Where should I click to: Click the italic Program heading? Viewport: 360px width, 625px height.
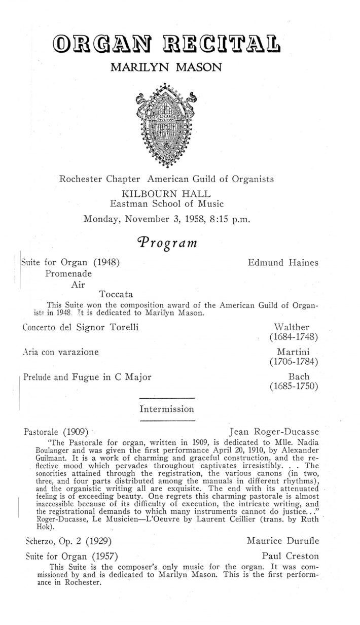(166, 244)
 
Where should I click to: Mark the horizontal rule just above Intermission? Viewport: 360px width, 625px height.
(166, 397)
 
